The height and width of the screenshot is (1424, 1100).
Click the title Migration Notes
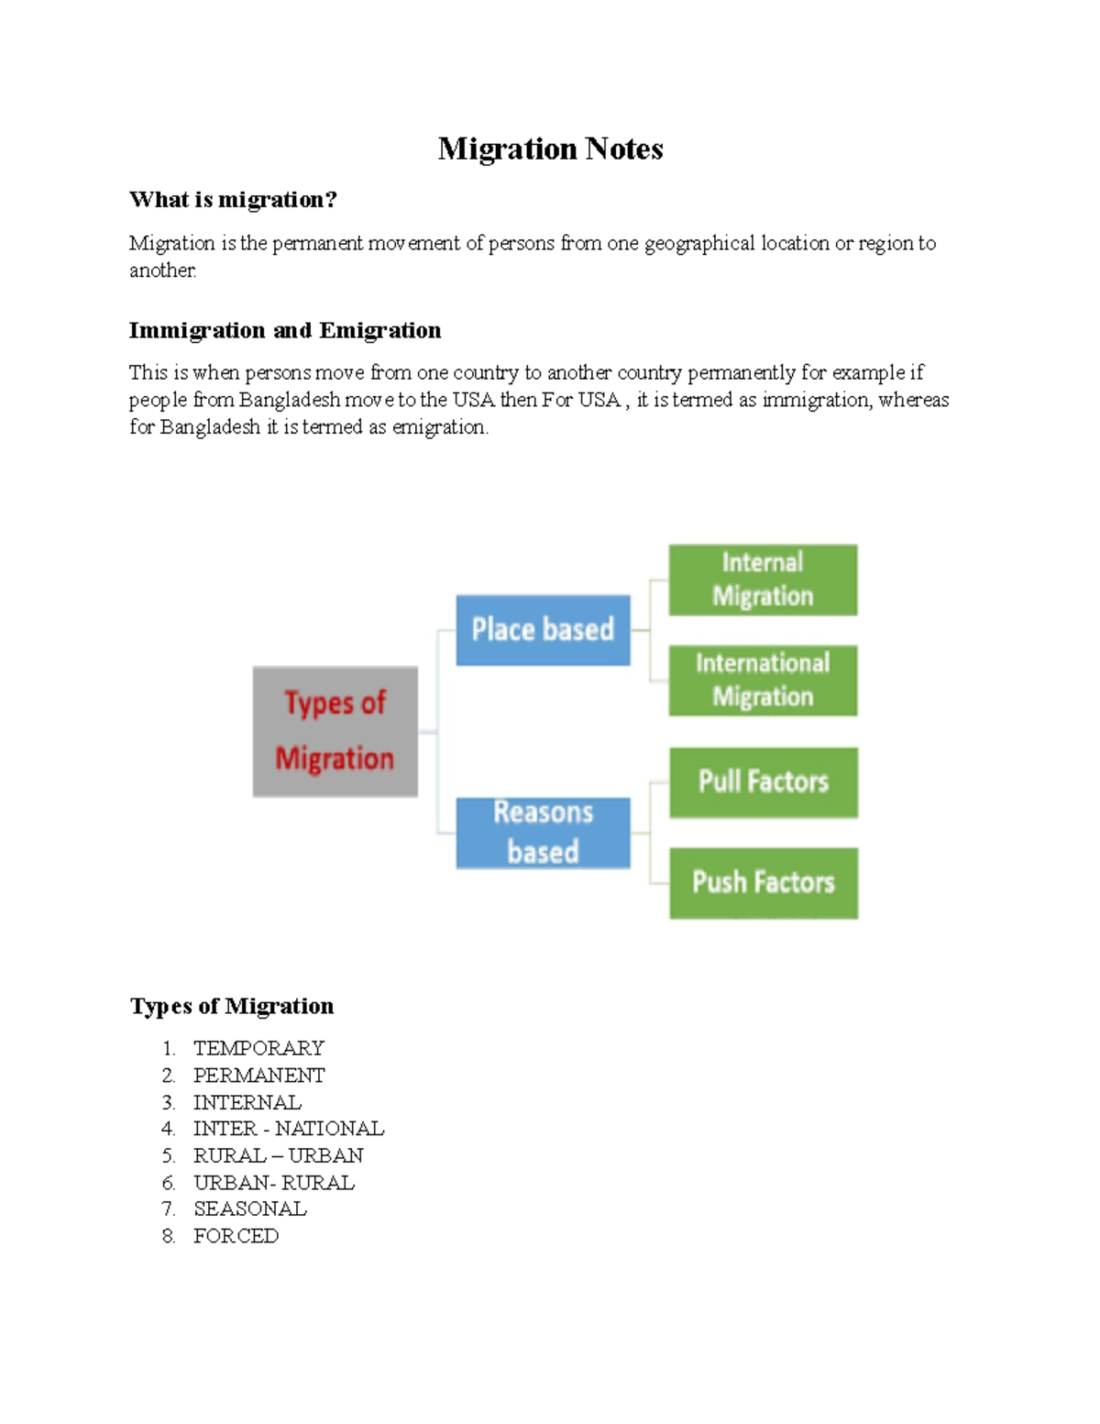(x=550, y=149)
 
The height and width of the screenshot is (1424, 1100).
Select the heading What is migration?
(x=233, y=199)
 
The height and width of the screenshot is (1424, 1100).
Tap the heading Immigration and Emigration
(x=284, y=330)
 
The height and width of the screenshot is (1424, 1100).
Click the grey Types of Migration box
(x=335, y=731)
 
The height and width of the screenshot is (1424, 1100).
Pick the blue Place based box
(x=543, y=630)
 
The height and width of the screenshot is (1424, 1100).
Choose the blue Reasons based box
(x=543, y=833)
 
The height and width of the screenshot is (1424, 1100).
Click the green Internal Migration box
(x=763, y=580)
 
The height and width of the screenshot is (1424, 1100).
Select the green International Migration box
(x=763, y=680)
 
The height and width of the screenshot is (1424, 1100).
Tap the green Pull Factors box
(x=764, y=782)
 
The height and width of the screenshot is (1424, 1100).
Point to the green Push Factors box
(x=764, y=883)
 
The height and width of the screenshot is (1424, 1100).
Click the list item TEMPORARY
(x=258, y=1048)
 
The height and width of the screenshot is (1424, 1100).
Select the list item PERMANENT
(x=258, y=1075)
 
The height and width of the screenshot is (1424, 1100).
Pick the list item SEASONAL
(x=249, y=1209)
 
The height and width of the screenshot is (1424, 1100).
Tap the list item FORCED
(x=236, y=1236)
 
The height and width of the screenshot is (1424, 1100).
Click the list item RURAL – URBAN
(x=278, y=1155)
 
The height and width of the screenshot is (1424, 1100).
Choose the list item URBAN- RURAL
(x=273, y=1183)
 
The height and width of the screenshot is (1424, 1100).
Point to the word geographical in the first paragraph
(x=699, y=244)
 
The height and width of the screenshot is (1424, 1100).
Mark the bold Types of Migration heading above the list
(x=232, y=1006)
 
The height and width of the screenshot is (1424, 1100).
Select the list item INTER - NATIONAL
(x=288, y=1128)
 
